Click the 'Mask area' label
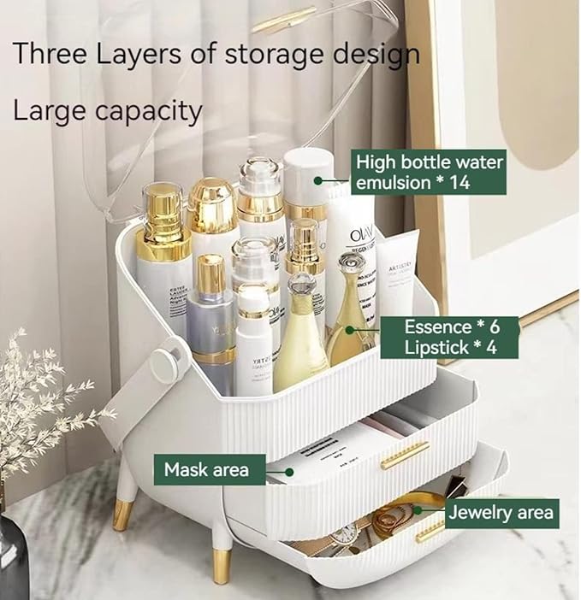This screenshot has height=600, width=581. tap(206, 468)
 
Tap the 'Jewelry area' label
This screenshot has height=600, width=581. tap(501, 513)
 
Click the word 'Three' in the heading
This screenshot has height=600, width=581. tap(50, 54)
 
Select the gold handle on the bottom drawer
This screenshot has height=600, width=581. tap(430, 532)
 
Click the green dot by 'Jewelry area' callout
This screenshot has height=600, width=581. tap(418, 510)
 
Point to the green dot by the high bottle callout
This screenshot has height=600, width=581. tap(317, 180)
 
